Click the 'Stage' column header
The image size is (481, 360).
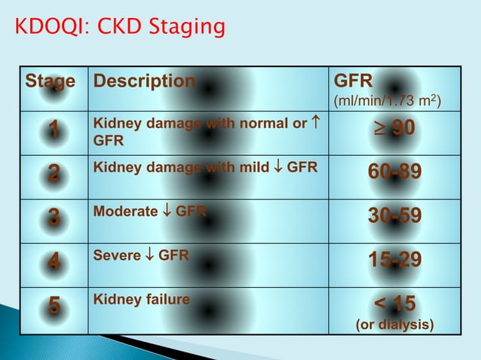pos(51,81)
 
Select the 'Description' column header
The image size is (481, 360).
pos(143,81)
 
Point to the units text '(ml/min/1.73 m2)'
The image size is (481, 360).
pos(388,100)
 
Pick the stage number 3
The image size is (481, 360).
pos(53,218)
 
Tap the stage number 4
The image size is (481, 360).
pos(53,262)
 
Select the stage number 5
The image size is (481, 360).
pos(53,307)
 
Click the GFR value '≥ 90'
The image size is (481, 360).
pos(394,130)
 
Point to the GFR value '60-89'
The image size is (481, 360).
pos(394,174)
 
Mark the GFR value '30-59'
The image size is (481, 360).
pos(394,217)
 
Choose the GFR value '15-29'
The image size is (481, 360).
pos(394,261)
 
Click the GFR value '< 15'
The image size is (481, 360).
pos(394,304)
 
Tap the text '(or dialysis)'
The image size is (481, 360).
pos(394,325)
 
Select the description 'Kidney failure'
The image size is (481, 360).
pos(141,300)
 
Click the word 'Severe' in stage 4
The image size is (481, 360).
pos(116,255)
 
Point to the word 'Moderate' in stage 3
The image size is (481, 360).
pos(124,212)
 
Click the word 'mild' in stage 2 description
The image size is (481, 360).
pos(257,168)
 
